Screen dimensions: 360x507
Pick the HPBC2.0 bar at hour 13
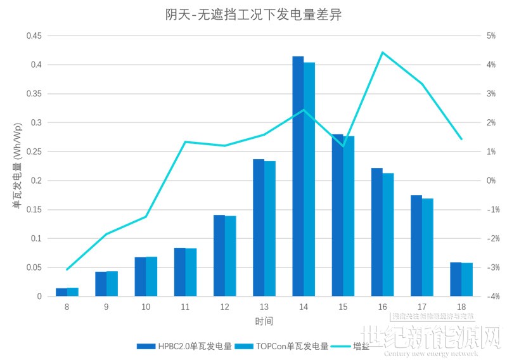tap(259, 228)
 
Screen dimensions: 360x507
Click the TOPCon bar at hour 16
tap(388, 235)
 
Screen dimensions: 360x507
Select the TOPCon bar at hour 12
tap(231, 256)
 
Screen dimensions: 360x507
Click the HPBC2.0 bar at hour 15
tap(337, 215)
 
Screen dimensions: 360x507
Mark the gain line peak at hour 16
tap(383, 52)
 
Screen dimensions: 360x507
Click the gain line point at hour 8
tap(67, 269)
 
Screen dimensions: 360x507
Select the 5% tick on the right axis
tap(473, 36)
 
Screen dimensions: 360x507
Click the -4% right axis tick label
tap(475, 297)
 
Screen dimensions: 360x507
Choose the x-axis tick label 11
tap(185, 307)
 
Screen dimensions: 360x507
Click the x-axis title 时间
tap(264, 322)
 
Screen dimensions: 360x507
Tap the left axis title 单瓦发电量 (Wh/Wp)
tap(16, 166)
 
